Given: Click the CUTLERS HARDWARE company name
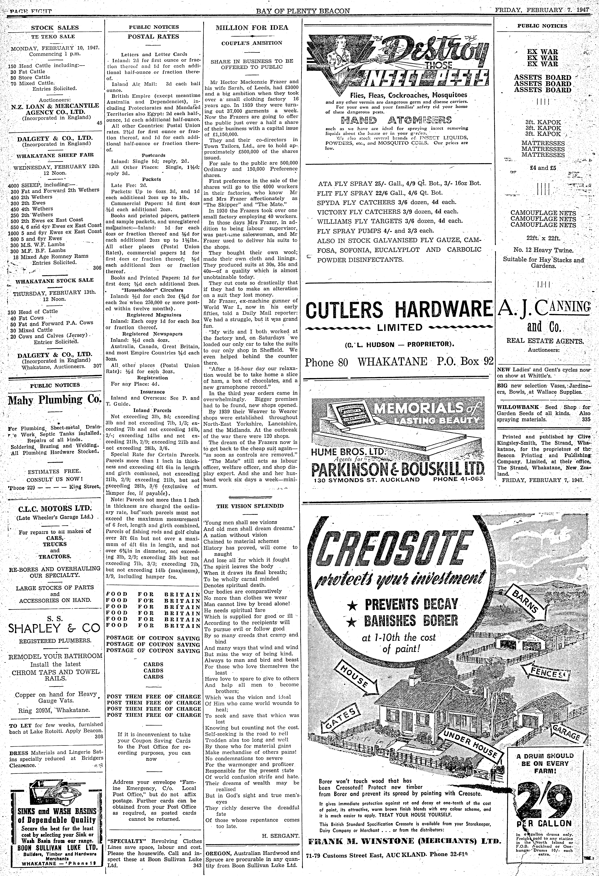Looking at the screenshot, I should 398,310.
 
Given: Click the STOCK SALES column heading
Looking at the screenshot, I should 55,28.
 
